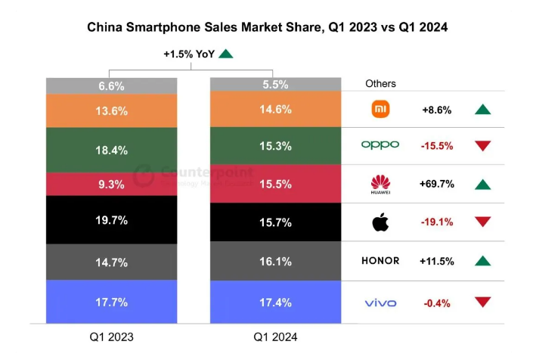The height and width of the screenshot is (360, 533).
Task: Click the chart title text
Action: [267, 28]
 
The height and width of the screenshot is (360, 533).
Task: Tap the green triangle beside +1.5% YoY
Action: [225, 54]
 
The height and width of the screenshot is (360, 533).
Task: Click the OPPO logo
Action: [380, 144]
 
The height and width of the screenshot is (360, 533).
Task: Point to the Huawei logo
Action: [380, 183]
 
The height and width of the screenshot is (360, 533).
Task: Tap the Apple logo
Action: [380, 222]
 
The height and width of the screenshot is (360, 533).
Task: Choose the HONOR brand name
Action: [380, 261]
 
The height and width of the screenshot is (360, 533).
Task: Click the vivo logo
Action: [380, 303]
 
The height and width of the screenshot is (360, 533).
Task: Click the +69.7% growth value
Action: [436, 184]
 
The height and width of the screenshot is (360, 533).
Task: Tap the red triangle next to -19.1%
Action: [483, 222]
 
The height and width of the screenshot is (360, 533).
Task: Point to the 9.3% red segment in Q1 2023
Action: [112, 184]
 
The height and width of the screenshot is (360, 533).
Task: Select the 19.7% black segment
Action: [112, 220]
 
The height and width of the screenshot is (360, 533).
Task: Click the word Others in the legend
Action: [380, 83]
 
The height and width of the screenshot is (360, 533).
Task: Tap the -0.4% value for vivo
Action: [436, 303]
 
